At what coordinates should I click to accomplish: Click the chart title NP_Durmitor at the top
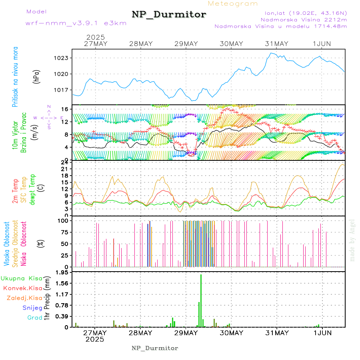(169, 15)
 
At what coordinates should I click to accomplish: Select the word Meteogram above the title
(233, 4)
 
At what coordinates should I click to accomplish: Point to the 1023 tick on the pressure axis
(62, 58)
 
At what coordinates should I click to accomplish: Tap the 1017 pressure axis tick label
(62, 90)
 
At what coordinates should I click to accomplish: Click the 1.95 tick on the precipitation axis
(62, 272)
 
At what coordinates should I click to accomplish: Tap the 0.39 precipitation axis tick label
(62, 316)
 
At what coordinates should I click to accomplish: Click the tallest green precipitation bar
(201, 301)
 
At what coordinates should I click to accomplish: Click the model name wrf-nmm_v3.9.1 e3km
(76, 23)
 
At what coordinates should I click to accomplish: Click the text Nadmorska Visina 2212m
(304, 19)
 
